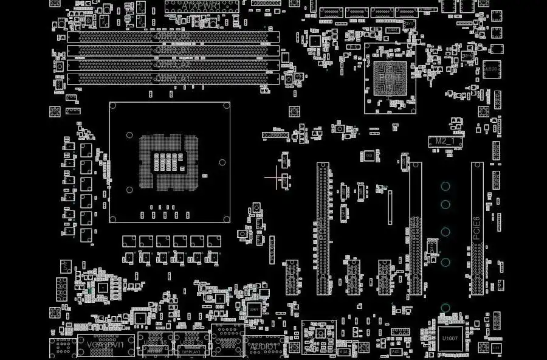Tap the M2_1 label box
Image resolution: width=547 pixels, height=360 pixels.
click(x=445, y=141)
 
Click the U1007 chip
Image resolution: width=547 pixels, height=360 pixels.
click(x=450, y=338)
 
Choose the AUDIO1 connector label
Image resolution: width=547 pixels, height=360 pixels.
click(x=263, y=346)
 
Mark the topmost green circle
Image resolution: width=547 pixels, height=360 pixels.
click(x=446, y=187)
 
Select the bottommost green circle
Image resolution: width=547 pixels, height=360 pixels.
click(x=446, y=308)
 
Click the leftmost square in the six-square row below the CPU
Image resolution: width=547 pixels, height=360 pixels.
click(x=129, y=241)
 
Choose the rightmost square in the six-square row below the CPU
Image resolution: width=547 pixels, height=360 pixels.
click(x=214, y=241)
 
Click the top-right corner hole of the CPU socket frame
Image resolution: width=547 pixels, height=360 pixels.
click(x=222, y=162)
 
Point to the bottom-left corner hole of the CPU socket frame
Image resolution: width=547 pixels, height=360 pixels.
click(x=129, y=189)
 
